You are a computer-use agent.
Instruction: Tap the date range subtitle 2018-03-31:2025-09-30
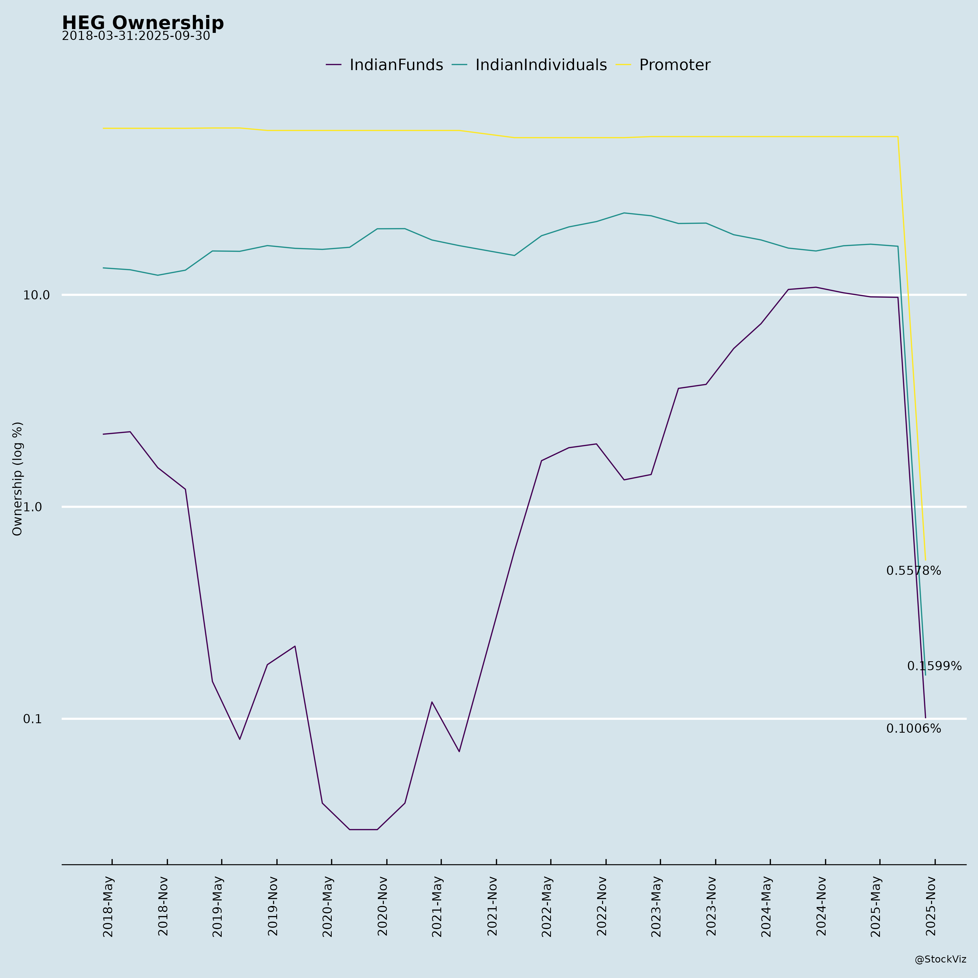point(136,36)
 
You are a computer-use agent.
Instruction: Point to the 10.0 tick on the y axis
point(36,295)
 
